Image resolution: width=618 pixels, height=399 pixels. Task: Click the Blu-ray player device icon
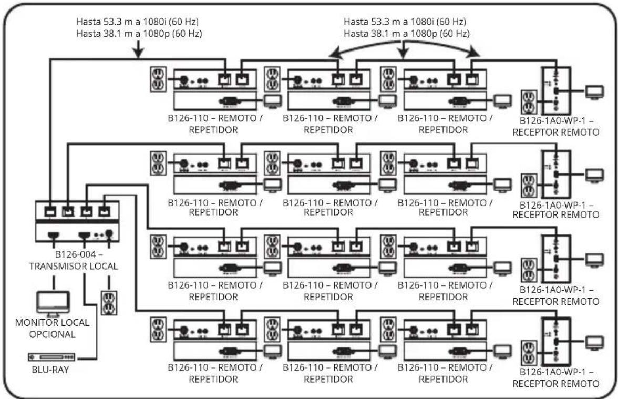(51, 357)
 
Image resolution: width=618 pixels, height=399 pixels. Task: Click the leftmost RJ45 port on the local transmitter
(50, 211)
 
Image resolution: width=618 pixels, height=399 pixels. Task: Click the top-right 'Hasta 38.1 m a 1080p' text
(406, 33)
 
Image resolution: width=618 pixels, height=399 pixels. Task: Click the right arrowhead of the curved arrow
(475, 53)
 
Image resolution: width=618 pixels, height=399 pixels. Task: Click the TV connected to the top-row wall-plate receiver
(595, 93)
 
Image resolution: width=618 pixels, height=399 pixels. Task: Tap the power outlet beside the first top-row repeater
(158, 78)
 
